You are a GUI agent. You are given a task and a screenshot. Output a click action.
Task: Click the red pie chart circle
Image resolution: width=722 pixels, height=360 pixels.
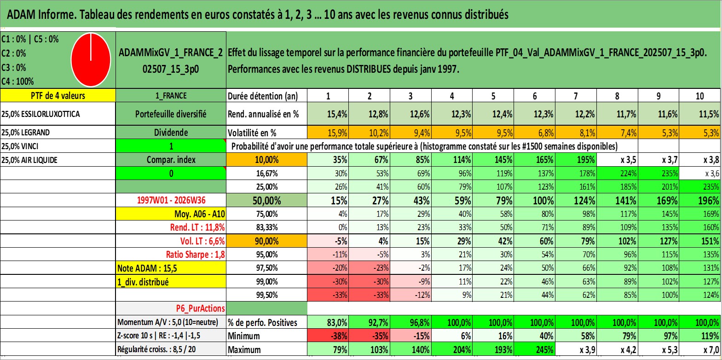(x=91, y=60)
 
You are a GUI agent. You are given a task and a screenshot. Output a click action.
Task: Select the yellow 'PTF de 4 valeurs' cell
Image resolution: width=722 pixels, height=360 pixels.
(x=58, y=95)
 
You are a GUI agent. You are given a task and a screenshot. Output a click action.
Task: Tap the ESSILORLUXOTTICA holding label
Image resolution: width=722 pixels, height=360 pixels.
(x=40, y=114)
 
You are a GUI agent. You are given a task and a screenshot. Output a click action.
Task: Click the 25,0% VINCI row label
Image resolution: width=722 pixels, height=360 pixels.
(x=20, y=146)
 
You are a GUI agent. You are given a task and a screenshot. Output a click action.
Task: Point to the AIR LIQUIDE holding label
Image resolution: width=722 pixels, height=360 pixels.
(x=29, y=160)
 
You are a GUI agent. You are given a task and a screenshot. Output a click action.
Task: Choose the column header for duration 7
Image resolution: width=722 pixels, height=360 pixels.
(x=576, y=96)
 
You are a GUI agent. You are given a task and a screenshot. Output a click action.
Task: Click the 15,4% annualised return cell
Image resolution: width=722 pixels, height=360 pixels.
(x=328, y=114)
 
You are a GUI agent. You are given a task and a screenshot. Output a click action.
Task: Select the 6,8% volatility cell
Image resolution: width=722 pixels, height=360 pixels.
(x=534, y=133)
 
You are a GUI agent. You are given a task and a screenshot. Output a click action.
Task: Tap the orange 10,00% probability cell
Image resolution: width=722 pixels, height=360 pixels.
(x=266, y=160)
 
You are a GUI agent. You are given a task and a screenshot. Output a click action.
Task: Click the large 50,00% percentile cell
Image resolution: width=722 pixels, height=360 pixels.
(x=266, y=200)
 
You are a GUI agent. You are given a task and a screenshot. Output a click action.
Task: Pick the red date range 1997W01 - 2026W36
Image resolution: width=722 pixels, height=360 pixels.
(x=171, y=200)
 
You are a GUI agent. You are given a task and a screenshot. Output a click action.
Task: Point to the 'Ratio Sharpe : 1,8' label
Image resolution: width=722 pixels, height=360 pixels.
(x=195, y=255)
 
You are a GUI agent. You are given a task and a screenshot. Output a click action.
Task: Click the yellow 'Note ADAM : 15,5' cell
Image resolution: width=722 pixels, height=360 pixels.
(x=171, y=268)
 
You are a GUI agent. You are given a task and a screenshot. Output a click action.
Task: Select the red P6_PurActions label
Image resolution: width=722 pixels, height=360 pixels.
(x=200, y=308)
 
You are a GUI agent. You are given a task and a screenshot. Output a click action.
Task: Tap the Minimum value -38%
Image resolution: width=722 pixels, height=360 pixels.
(x=328, y=336)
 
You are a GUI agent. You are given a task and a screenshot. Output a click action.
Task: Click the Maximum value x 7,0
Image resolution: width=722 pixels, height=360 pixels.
(x=700, y=350)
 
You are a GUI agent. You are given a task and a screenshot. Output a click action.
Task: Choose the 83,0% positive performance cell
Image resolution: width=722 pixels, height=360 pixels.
(x=328, y=322)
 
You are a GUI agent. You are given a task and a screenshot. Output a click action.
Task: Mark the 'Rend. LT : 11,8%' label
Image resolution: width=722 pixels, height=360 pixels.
(x=197, y=227)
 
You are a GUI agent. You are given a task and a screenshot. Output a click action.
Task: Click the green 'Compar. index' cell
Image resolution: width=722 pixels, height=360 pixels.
(x=171, y=160)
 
